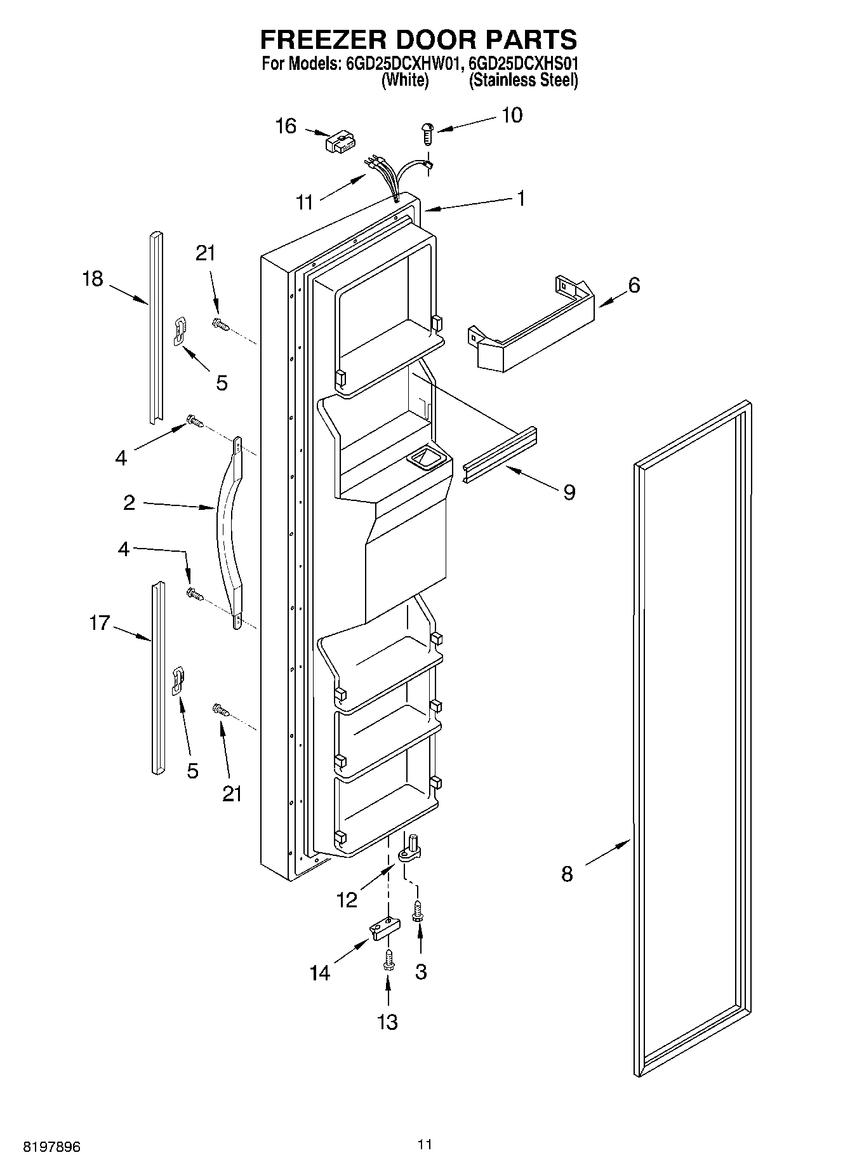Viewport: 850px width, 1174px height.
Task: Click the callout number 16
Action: tap(286, 126)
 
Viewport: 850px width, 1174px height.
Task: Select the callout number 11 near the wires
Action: tap(305, 203)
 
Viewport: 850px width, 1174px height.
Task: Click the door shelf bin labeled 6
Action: tap(532, 326)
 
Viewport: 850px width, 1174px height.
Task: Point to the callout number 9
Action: tap(569, 491)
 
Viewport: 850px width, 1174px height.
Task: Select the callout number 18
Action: tap(93, 278)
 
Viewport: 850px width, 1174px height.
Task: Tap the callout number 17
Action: tap(100, 623)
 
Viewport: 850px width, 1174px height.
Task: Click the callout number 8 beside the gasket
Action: tap(567, 874)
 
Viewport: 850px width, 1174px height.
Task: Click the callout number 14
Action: tap(320, 973)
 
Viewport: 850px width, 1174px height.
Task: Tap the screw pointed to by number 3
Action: tap(418, 912)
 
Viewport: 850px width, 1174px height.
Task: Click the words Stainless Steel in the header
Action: tap(523, 81)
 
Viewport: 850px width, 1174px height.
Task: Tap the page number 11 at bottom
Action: tap(425, 1144)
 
